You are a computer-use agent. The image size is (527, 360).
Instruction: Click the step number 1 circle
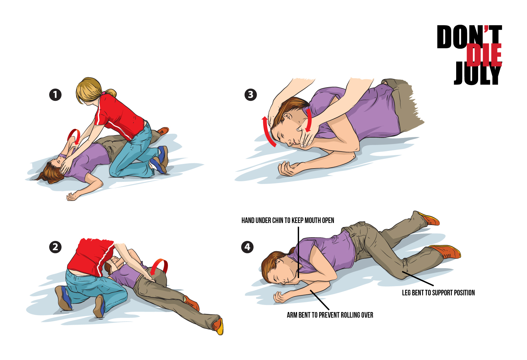55,95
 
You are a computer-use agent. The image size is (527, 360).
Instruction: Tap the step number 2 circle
55,247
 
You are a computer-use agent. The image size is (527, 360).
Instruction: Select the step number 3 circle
251,95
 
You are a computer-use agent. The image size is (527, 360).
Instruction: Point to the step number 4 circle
247,247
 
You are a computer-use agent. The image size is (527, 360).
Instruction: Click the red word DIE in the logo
484,55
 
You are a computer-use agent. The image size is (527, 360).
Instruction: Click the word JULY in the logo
477,73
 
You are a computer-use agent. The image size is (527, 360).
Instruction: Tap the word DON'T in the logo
469,36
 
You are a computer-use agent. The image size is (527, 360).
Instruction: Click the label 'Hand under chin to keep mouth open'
288,221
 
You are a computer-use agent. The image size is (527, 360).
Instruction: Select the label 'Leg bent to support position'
438,293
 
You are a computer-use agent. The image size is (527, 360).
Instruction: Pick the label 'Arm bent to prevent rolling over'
330,315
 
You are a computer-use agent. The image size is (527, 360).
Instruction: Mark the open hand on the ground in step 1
72,197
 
